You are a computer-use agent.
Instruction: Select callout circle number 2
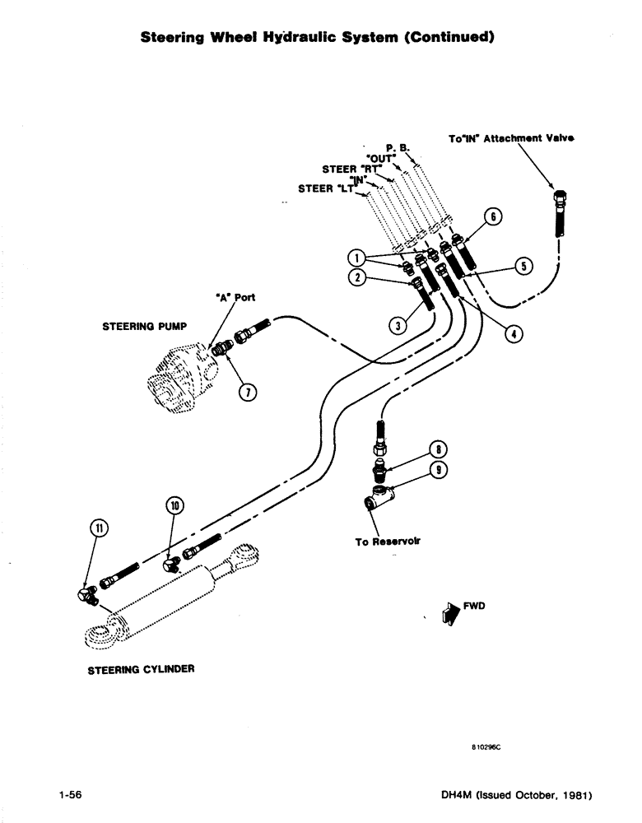[x=356, y=277]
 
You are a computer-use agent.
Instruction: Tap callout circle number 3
[x=398, y=326]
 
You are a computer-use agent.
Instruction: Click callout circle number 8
[x=440, y=449]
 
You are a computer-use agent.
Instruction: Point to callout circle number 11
[x=97, y=528]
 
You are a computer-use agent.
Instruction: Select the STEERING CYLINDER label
[x=141, y=670]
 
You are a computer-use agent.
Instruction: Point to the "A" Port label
[x=236, y=299]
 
